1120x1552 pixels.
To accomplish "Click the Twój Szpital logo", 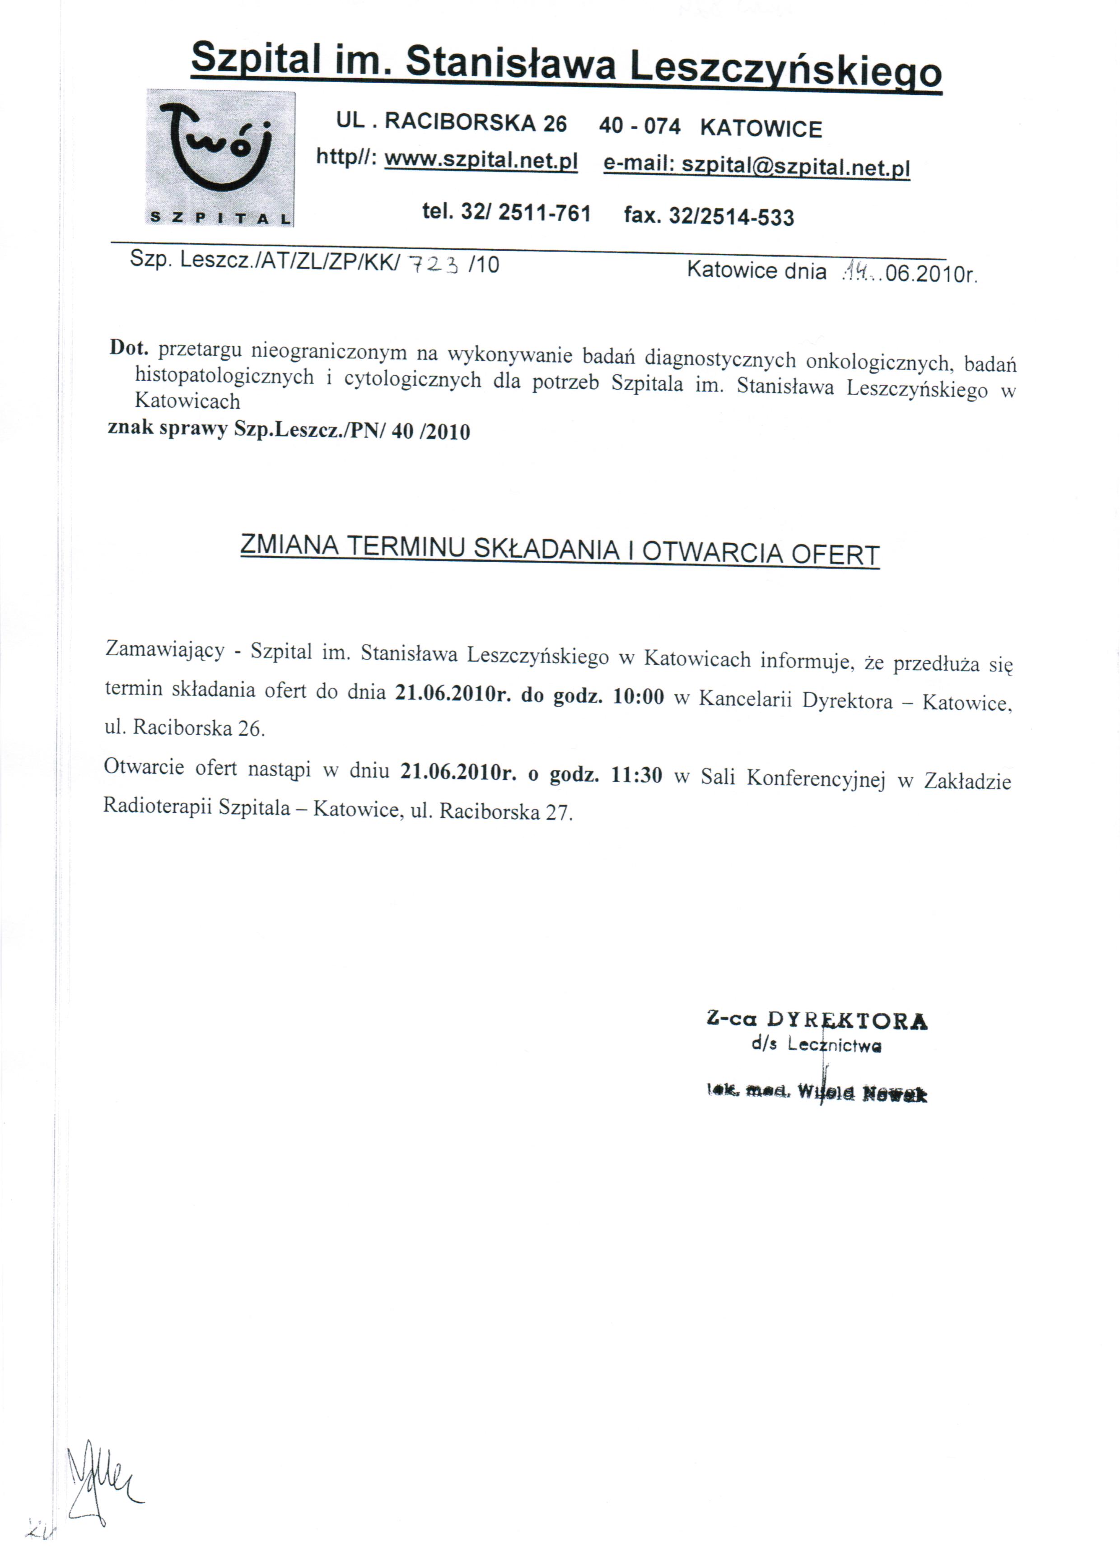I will (x=220, y=158).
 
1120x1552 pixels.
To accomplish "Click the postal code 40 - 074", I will (x=639, y=126).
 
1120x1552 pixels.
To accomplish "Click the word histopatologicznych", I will (x=224, y=376).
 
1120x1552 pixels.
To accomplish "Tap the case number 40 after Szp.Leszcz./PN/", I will (x=402, y=432).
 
